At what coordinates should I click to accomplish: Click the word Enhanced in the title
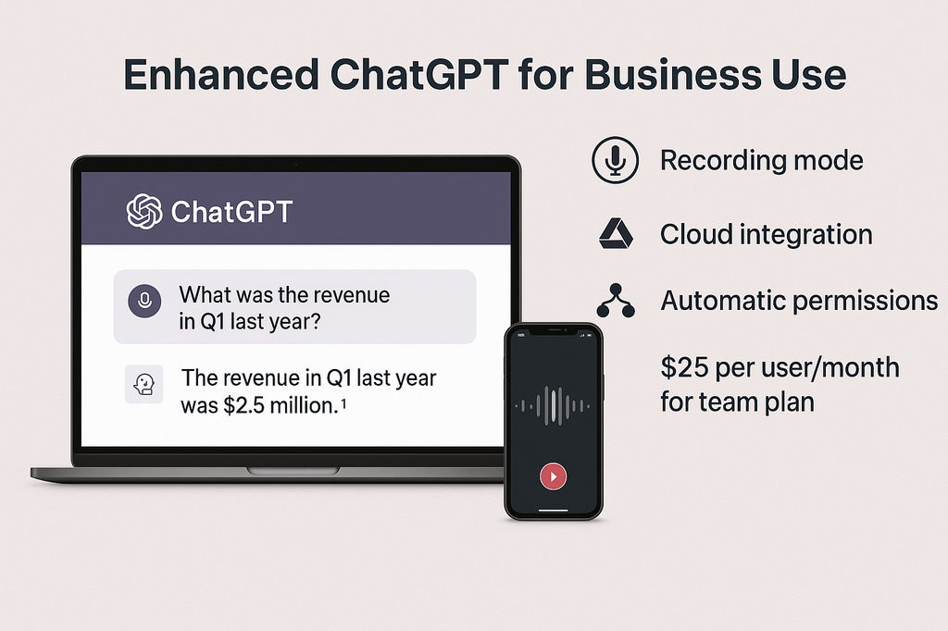(220, 74)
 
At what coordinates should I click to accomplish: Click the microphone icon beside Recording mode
(615, 159)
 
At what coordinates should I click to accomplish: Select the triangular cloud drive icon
(616, 234)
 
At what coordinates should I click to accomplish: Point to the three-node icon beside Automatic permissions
(616, 301)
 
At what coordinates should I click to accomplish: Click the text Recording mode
(761, 160)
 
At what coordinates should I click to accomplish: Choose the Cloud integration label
(766, 234)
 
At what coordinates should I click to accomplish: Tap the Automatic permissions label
(799, 301)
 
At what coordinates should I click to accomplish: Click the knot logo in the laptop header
(143, 211)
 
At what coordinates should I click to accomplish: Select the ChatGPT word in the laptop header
(231, 212)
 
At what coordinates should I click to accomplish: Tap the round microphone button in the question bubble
(144, 301)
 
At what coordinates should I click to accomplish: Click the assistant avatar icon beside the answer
(143, 384)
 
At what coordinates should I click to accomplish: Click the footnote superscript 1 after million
(343, 403)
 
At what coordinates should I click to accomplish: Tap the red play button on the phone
(554, 476)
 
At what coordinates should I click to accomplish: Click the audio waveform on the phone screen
(553, 405)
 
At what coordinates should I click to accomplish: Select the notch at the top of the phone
(554, 330)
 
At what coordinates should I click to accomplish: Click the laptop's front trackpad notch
(293, 471)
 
